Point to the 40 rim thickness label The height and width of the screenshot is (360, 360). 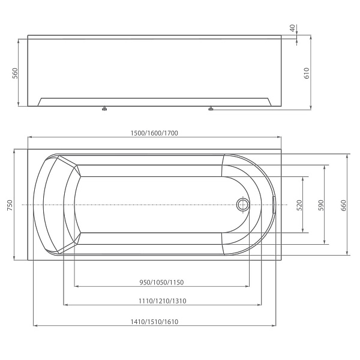coord(292,28)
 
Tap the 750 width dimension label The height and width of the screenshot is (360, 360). coord(9,205)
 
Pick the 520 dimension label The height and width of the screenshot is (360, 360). coord(298,205)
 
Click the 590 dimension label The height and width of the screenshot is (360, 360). coord(321,205)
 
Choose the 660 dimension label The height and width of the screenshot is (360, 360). coord(343,205)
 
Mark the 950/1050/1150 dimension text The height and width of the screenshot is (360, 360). coord(161,282)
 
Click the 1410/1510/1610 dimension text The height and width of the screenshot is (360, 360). coord(155,322)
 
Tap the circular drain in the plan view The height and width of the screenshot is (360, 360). coord(244,205)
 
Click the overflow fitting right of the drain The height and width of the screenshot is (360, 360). coord(272,205)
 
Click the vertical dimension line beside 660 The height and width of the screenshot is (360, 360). coord(348,180)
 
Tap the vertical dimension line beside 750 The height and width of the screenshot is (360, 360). coord(14,180)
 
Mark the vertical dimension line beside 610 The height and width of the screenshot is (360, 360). coord(311,90)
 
